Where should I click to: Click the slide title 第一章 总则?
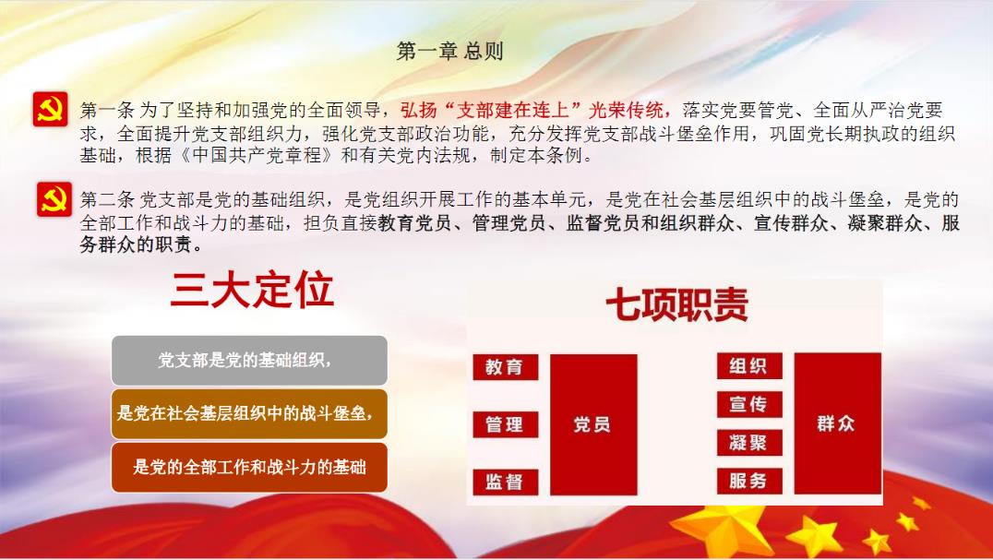(449, 52)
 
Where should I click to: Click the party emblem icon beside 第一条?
(51, 110)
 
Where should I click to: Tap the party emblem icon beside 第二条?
(54, 199)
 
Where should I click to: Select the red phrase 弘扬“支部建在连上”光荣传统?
(532, 110)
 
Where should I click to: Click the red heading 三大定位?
(251, 291)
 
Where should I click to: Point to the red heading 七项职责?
(676, 304)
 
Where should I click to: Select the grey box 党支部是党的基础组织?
(249, 361)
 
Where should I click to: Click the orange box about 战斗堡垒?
(249, 414)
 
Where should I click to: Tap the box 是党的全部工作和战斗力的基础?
(249, 468)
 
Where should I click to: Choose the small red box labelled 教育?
(506, 367)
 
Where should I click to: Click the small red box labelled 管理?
(506, 424)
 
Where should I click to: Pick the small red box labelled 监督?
(506, 483)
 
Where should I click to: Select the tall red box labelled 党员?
(593, 424)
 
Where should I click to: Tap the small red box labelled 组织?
(749, 365)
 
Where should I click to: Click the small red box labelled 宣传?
(749, 404)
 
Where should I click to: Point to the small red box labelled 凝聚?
(749, 443)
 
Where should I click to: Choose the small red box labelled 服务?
(749, 481)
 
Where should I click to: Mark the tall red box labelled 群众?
(837, 423)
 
